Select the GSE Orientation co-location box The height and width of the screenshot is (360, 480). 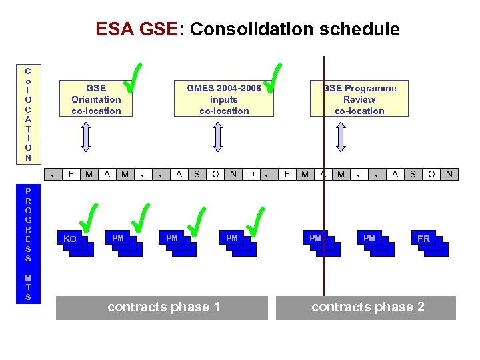[96, 99]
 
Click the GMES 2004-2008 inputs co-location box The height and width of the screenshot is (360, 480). [224, 99]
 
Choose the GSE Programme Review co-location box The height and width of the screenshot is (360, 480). [359, 99]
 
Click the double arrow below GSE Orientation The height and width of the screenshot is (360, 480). [85, 138]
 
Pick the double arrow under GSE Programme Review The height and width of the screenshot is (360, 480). [341, 138]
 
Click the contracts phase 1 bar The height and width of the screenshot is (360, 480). [161, 307]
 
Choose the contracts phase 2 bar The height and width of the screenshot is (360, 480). [366, 307]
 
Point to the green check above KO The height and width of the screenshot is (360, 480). [86, 219]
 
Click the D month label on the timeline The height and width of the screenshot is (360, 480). [250, 175]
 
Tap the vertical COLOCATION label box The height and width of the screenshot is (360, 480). [28, 114]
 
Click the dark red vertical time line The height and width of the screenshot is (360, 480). [324, 200]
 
